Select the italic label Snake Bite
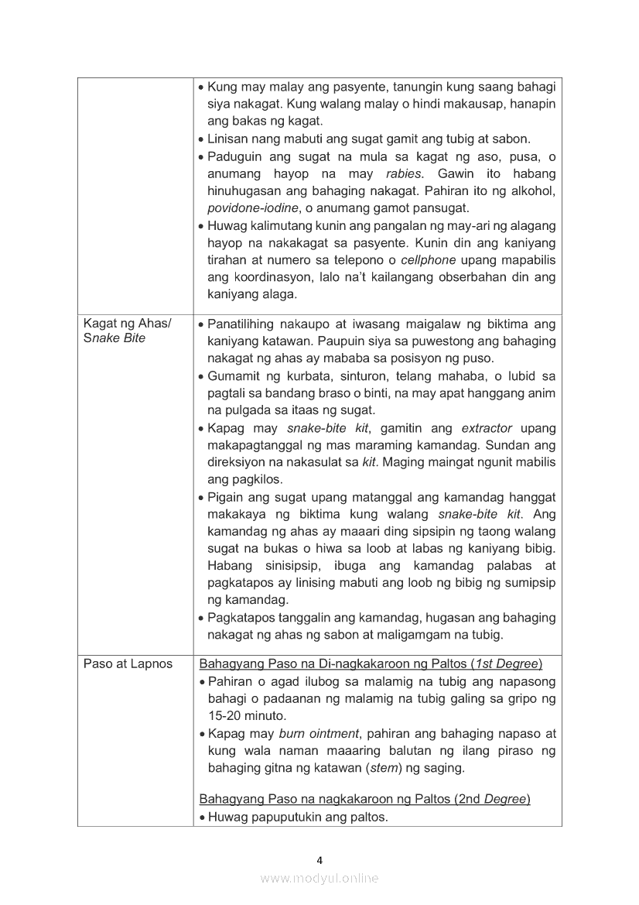114,338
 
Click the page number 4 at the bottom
319,859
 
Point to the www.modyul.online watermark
319,878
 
